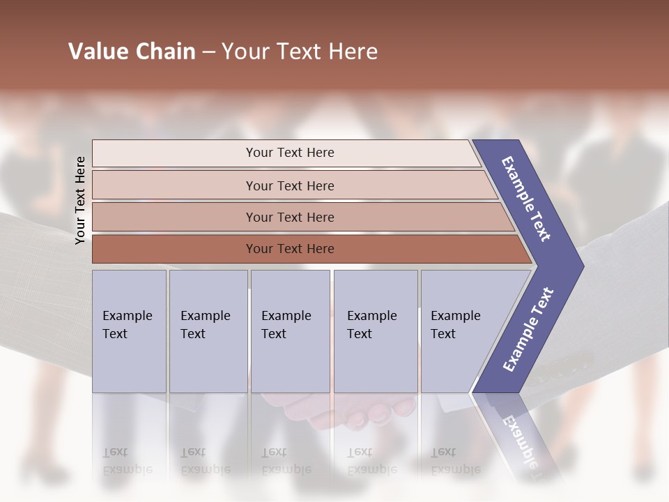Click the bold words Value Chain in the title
pos(132,52)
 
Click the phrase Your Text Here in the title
pos(300,52)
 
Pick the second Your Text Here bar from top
pos(290,185)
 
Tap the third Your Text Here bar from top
pos(290,217)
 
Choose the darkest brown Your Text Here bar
pos(290,249)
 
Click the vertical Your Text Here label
pos(80,200)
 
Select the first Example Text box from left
pos(129,331)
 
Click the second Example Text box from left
pos(208,331)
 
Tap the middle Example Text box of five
pos(290,331)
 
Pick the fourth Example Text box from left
pos(375,331)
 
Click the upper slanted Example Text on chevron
pos(526,199)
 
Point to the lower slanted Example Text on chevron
pos(528,330)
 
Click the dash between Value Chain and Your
pos(208,52)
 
